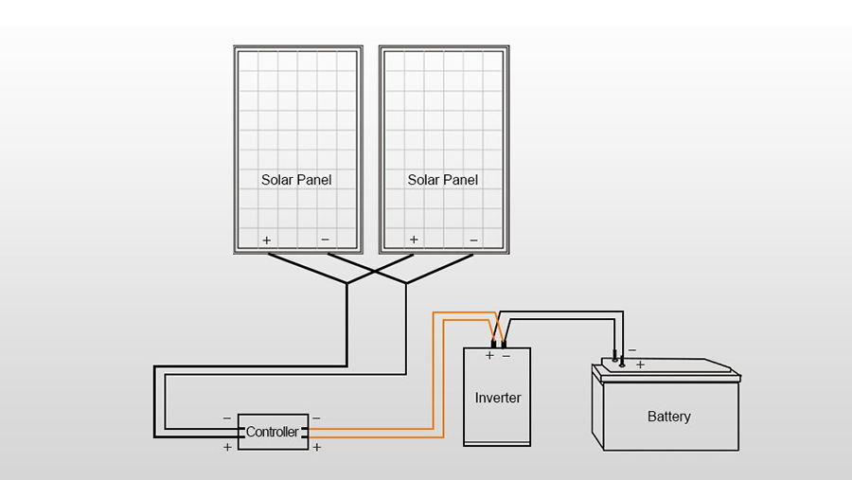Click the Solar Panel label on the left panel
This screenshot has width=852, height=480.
point(296,179)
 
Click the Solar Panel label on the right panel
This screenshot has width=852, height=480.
point(442,179)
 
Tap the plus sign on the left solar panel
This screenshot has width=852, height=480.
point(267,240)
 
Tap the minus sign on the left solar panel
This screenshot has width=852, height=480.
point(326,240)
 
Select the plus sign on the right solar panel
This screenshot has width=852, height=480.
point(413,240)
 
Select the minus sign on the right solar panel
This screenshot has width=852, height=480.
point(473,240)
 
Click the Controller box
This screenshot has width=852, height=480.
point(273,432)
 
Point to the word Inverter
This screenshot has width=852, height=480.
point(498,398)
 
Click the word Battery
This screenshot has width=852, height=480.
point(669,417)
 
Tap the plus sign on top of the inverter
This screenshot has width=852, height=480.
point(489,356)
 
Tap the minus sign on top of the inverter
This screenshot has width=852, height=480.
point(506,356)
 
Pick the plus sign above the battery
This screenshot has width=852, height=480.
point(640,364)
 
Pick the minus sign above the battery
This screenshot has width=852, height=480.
point(631,350)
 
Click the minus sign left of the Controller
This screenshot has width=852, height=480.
point(227,418)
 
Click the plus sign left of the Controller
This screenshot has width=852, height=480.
point(227,447)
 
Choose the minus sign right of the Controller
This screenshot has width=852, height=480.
point(316,418)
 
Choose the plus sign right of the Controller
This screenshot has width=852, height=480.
point(316,447)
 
